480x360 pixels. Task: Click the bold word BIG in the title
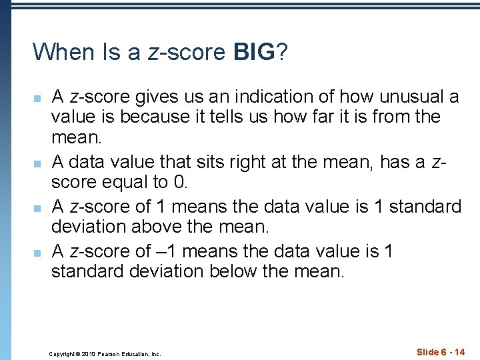(254, 51)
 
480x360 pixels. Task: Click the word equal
(115, 182)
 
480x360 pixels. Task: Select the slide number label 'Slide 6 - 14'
(441, 352)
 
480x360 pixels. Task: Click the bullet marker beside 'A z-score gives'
(37, 99)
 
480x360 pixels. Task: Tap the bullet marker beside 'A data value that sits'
(37, 163)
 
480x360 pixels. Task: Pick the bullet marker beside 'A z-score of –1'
(37, 253)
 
